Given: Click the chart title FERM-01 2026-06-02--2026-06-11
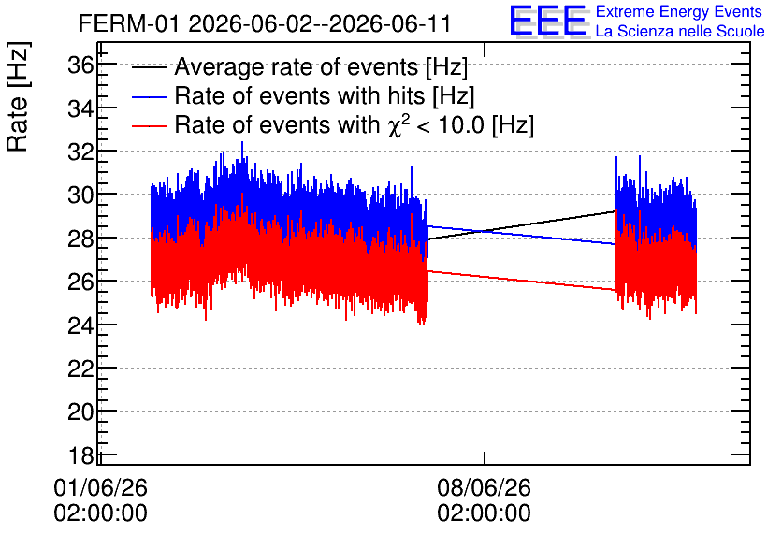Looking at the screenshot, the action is click(265, 23).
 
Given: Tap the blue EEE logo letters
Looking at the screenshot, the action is click(547, 21).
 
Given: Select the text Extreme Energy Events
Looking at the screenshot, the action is click(679, 11).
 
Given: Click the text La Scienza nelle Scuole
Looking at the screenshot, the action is click(680, 31).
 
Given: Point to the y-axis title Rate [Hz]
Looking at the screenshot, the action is click(18, 96).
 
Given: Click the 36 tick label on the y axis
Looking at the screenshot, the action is click(80, 65).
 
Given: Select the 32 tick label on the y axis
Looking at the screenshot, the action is click(80, 152).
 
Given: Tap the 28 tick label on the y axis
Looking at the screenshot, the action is click(80, 238).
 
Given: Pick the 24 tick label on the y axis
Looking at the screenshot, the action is click(80, 325).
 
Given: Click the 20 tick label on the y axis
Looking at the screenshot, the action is click(80, 412).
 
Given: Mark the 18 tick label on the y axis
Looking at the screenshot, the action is click(80, 455).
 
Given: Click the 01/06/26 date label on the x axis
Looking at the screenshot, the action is click(100, 487).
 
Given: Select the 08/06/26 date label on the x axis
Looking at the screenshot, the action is click(484, 487).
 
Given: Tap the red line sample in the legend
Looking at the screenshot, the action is click(149, 126).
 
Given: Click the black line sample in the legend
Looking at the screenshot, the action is click(149, 67).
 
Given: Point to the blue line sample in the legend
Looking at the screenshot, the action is click(149, 96).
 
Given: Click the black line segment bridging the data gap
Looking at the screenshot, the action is click(522, 225).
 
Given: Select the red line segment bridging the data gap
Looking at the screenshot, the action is click(522, 281).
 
